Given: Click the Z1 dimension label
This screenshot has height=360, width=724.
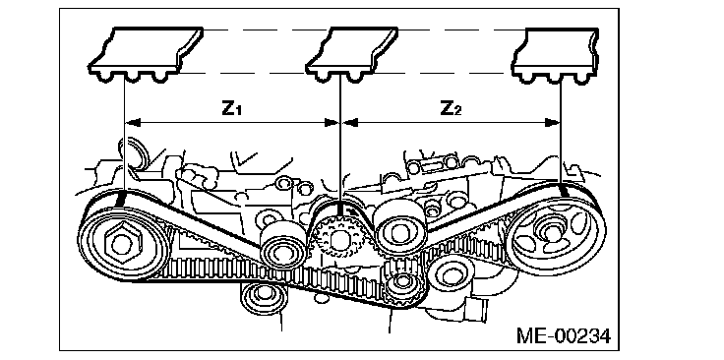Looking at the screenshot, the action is [x=232, y=108].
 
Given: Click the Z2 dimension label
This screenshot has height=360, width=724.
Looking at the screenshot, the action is [x=451, y=108].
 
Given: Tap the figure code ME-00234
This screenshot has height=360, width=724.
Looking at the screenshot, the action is [x=564, y=335].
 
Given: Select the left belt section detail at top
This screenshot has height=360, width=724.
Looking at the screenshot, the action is [x=146, y=54].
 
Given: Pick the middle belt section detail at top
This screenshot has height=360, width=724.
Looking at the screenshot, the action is [x=352, y=54].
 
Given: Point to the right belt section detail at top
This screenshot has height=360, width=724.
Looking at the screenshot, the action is [x=556, y=55].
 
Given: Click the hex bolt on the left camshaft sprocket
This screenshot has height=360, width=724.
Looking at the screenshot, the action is [x=121, y=243].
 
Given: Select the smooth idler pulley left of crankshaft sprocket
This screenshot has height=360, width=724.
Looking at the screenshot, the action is [x=282, y=249].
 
